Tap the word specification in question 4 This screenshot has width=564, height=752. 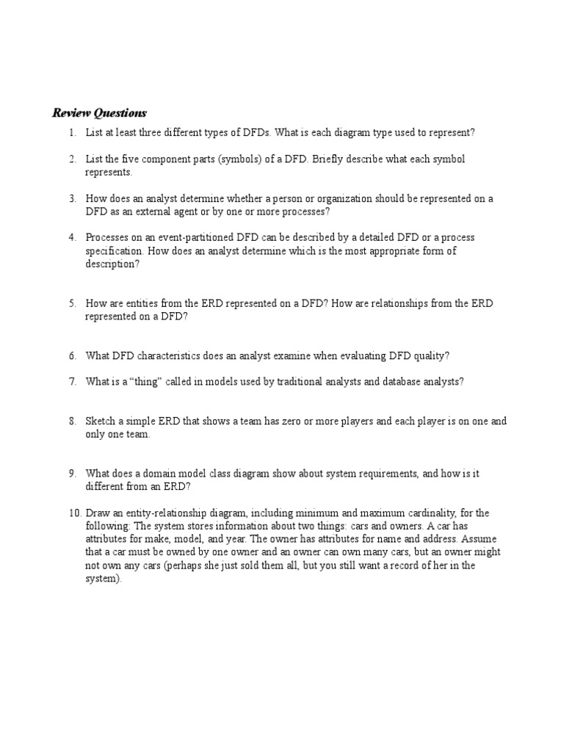click(x=112, y=251)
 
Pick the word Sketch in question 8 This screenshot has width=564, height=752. click(x=101, y=422)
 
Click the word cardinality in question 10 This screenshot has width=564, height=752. click(x=427, y=513)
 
